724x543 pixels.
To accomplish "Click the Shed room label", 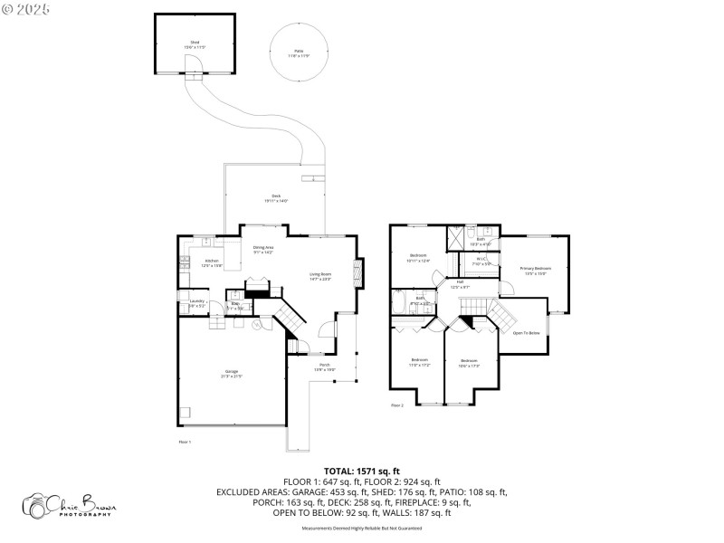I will (195, 43).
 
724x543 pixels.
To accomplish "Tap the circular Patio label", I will (299, 52).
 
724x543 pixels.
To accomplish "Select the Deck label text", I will (276, 197).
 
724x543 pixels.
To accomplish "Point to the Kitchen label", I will (211, 262).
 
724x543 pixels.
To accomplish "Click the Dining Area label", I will (263, 249).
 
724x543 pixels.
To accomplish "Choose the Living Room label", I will (321, 275).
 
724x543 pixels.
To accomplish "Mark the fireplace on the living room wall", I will (358, 272).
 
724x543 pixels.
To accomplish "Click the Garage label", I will (232, 373).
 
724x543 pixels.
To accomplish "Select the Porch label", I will (324, 367).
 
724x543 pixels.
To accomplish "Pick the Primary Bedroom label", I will (535, 270).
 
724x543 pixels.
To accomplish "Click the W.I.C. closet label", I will (481, 261).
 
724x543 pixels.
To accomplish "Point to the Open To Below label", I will (526, 333).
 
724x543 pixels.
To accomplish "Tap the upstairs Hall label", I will (460, 284).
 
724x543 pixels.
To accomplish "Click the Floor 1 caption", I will (185, 441).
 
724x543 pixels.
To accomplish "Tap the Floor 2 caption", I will (396, 405).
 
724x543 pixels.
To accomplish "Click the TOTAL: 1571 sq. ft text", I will (362, 472).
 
